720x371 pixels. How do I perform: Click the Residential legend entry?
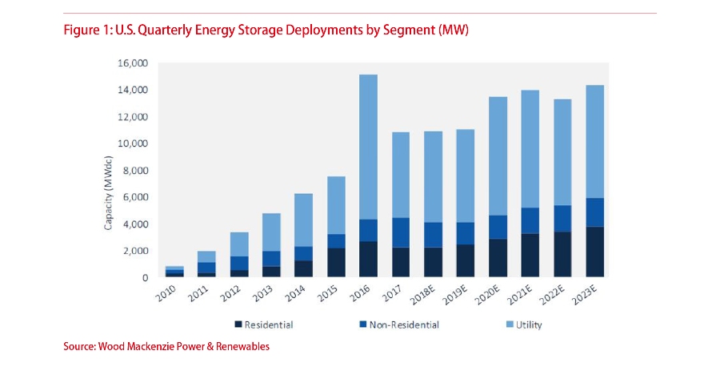pyautogui.click(x=265, y=325)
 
